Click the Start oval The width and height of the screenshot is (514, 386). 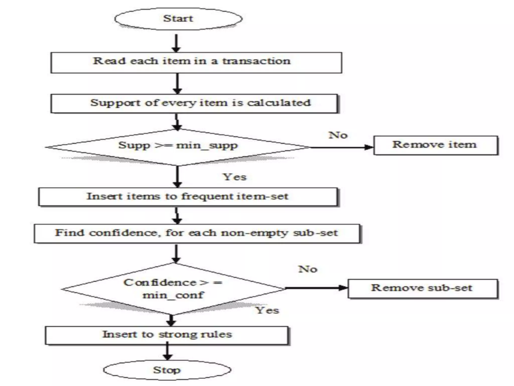(178, 19)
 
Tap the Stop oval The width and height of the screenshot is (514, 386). (167, 370)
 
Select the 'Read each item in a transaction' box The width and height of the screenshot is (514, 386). (196, 63)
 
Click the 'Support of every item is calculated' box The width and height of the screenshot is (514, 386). (194, 103)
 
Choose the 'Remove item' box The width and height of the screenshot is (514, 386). (435, 145)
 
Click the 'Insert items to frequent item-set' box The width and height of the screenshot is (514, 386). (188, 197)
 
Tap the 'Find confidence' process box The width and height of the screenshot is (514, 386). (197, 233)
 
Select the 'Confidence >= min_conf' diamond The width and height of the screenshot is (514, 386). (173, 289)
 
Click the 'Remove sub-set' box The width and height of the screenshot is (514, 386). (422, 288)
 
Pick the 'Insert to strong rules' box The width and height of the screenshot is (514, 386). (167, 335)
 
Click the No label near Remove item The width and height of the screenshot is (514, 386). (338, 135)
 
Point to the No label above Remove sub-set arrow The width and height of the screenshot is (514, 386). (308, 269)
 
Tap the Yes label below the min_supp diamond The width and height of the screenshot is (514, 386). (235, 177)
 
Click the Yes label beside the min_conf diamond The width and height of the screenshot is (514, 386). (267, 310)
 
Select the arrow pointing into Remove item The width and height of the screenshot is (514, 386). (343, 147)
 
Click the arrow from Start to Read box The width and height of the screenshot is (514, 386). (176, 43)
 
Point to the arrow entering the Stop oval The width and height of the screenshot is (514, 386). (167, 351)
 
